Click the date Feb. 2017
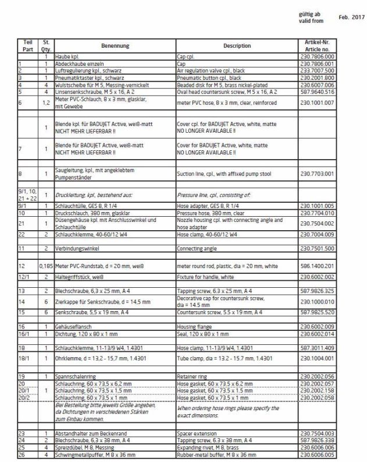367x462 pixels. click(351, 18)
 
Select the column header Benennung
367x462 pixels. click(115, 45)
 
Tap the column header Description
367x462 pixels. click(236, 45)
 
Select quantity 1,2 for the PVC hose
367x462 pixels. click(45, 103)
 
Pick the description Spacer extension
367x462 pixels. click(197, 434)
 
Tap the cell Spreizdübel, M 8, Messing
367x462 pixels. click(83, 447)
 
